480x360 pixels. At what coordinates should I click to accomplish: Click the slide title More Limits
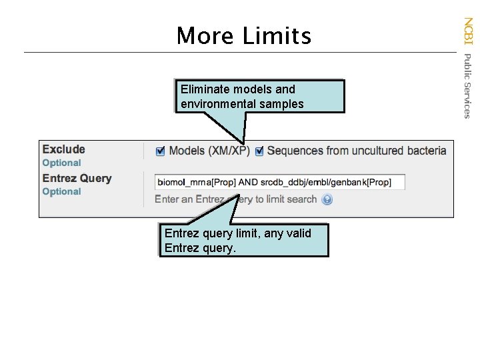coord(243,35)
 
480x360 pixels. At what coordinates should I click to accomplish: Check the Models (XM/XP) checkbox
coord(160,151)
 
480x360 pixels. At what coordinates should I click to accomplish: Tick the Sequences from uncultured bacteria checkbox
coord(259,151)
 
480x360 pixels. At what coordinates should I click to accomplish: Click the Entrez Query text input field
coord(280,182)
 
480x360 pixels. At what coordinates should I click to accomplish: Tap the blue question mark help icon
coord(327,199)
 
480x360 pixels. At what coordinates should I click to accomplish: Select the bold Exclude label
coord(64,149)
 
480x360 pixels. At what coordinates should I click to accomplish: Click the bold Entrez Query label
coord(77,178)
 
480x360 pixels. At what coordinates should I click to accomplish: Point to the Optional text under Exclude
coord(61,163)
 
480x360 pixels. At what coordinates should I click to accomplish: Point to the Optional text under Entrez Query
coord(61,191)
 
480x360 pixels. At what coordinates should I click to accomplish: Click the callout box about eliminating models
coord(260,97)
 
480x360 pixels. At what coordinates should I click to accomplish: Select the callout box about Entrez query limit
coord(244,241)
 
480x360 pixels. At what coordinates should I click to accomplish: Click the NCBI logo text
coord(468,30)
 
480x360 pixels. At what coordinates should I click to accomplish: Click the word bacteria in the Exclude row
coord(426,151)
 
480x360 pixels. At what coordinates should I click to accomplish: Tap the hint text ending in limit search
coord(235,199)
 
